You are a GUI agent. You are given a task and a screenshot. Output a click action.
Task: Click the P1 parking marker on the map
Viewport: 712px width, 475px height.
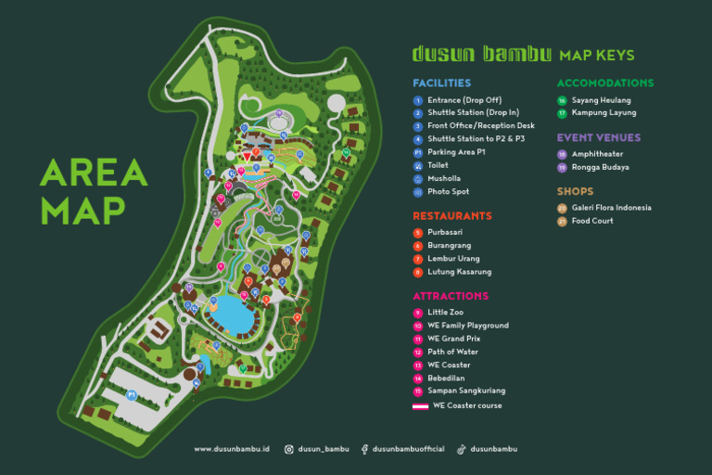pos(132,394)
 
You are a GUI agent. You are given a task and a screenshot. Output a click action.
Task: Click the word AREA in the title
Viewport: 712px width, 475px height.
pos(94,173)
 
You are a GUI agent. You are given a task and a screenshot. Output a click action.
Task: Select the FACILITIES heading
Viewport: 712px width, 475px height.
pos(441,83)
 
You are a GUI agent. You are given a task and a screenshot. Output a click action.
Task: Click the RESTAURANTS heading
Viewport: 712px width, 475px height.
pos(452,216)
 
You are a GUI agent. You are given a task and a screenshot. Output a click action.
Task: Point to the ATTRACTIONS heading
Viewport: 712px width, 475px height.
pos(451,296)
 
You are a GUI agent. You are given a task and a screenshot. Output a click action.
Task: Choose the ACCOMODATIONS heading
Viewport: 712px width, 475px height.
pos(604,83)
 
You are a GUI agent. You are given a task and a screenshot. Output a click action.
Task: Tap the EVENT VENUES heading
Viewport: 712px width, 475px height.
pos(599,137)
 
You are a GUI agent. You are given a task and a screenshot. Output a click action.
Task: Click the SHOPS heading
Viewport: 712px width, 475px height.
pos(575,191)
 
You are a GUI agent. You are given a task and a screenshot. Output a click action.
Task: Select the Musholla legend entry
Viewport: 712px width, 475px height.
pos(443,178)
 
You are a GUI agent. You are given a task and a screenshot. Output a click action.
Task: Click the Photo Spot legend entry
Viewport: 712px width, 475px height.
pos(448,192)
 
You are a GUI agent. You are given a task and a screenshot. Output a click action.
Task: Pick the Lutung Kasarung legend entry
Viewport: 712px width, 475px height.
pos(459,272)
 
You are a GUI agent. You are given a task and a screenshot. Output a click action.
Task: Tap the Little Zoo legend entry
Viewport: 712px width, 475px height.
pos(445,313)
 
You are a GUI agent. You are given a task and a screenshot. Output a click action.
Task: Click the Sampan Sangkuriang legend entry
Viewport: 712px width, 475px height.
pos(466,392)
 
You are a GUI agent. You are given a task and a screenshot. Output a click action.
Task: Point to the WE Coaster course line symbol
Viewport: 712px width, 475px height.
pos(420,406)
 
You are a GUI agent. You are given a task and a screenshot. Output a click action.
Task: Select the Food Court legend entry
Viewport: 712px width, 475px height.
pos(592,221)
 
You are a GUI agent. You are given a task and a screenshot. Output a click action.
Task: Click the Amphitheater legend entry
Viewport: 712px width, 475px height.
pos(597,154)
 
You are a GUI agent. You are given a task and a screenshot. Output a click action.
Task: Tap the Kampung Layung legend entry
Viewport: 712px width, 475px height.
pos(604,113)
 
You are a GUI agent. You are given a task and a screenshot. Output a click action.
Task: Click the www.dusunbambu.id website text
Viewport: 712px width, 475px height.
pos(231,449)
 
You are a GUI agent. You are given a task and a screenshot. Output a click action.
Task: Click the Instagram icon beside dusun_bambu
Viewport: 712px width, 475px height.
pos(289,449)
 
